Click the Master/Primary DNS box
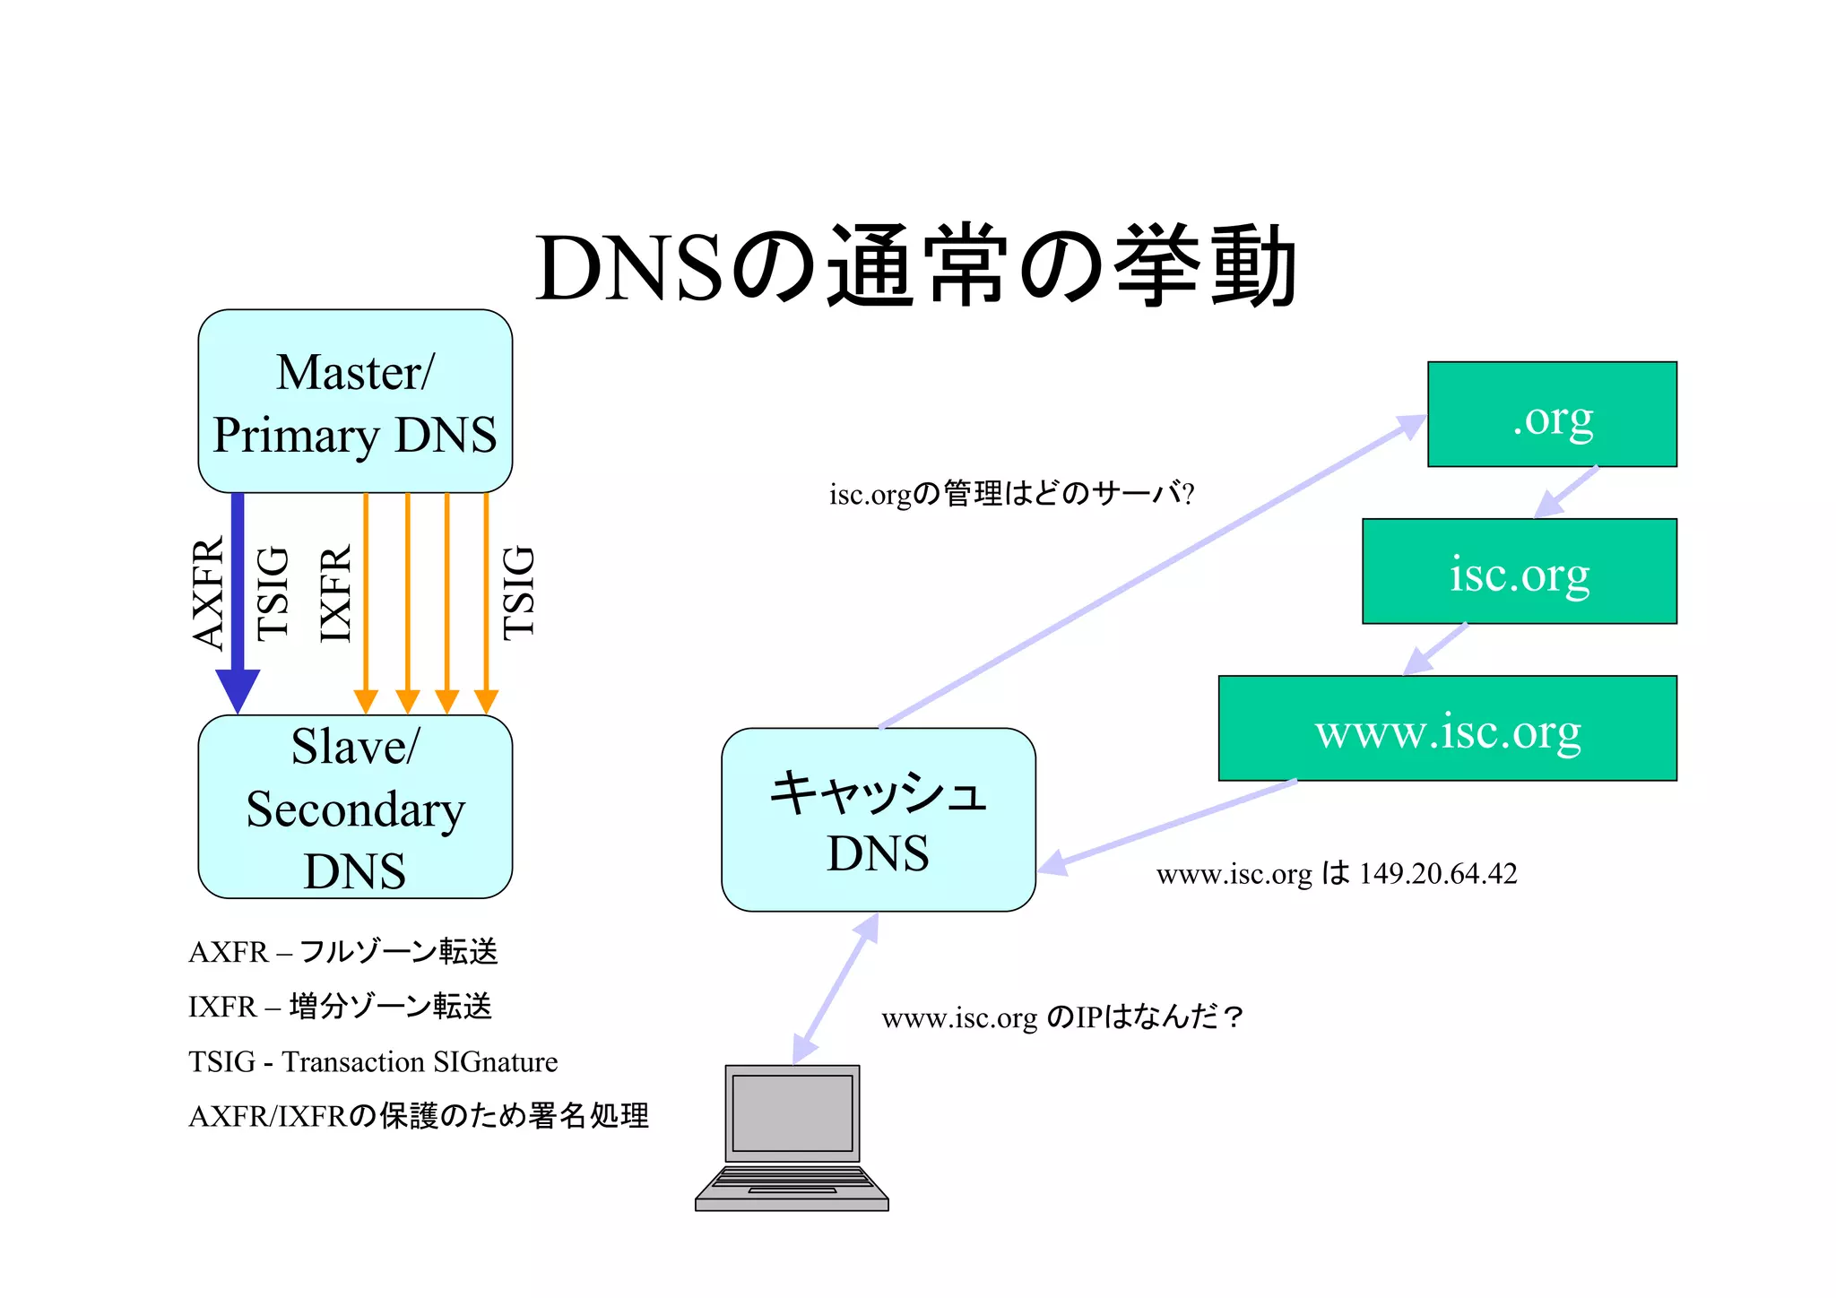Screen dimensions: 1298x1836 [x=355, y=402]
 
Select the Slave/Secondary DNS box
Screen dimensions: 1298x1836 [x=355, y=807]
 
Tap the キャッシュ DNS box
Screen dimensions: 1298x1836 [x=878, y=820]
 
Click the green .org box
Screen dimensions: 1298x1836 [x=1552, y=414]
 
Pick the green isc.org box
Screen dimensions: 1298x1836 [x=1519, y=572]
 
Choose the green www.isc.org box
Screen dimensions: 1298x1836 [x=1447, y=729]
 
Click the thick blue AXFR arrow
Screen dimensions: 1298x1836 [x=238, y=601]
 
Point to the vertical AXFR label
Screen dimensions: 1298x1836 [x=207, y=593]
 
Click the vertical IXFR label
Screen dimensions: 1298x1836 [x=335, y=593]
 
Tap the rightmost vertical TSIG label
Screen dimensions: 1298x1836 [x=518, y=593]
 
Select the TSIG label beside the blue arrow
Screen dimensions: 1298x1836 [x=273, y=593]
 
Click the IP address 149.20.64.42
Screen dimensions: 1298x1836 [x=1438, y=874]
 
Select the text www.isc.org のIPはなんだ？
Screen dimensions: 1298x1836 [x=1062, y=1017]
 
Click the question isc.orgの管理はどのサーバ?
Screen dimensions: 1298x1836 [x=1011, y=494]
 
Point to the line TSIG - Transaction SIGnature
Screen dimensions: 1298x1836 [x=373, y=1062]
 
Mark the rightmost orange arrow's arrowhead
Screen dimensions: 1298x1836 [x=486, y=701]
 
